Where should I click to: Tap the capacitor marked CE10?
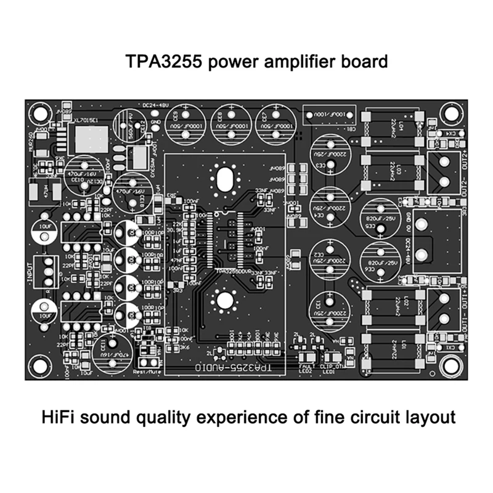[x=82, y=174]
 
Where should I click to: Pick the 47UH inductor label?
[x=43, y=191]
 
